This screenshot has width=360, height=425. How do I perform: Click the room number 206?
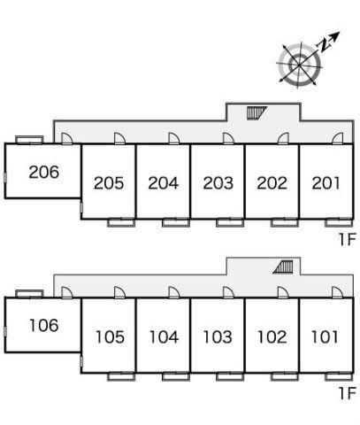[44, 172]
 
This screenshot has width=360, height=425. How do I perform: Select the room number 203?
[218, 183]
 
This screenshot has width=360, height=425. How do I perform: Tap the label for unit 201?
[326, 183]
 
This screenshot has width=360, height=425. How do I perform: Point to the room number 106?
[44, 325]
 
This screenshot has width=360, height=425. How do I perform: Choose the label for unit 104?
[164, 337]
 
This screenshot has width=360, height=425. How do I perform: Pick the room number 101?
[325, 336]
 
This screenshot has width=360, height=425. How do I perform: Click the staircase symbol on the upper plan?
[257, 112]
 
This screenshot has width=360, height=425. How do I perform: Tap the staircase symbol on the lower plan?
[283, 267]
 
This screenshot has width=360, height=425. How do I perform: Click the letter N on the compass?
[324, 45]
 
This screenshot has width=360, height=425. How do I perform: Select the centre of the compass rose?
[300, 65]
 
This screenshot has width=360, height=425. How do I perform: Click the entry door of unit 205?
[119, 139]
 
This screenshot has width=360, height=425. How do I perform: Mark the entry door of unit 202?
[283, 139]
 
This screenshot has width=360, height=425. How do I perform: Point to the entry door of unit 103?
[228, 292]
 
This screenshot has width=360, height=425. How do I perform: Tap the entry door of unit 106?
[66, 292]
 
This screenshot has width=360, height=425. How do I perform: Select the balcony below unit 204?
[176, 222]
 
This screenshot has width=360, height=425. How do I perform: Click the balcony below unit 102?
[285, 376]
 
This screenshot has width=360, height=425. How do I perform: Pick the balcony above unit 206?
[29, 140]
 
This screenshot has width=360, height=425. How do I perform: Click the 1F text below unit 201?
[348, 239]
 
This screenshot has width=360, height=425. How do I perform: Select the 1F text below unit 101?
[348, 393]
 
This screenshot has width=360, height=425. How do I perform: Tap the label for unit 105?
[110, 337]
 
